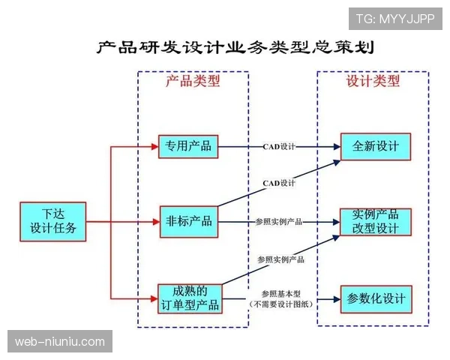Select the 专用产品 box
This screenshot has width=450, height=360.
click(188, 145)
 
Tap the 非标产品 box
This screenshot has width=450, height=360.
click(188, 220)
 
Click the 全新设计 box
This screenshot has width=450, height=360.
click(376, 145)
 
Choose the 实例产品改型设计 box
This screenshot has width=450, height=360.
click(376, 221)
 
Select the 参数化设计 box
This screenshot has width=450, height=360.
click(376, 298)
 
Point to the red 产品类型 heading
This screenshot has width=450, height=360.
click(193, 81)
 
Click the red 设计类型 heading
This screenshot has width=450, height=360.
click(373, 81)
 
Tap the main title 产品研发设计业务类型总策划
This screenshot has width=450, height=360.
click(235, 47)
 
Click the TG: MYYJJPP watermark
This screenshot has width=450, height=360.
click(394, 19)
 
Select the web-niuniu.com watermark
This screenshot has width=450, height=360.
click(60, 342)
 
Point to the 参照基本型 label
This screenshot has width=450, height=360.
click(280, 293)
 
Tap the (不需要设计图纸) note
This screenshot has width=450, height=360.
click(280, 304)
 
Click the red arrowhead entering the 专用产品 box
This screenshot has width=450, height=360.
click(154, 145)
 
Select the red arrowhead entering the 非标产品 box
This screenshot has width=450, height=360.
click(154, 220)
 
